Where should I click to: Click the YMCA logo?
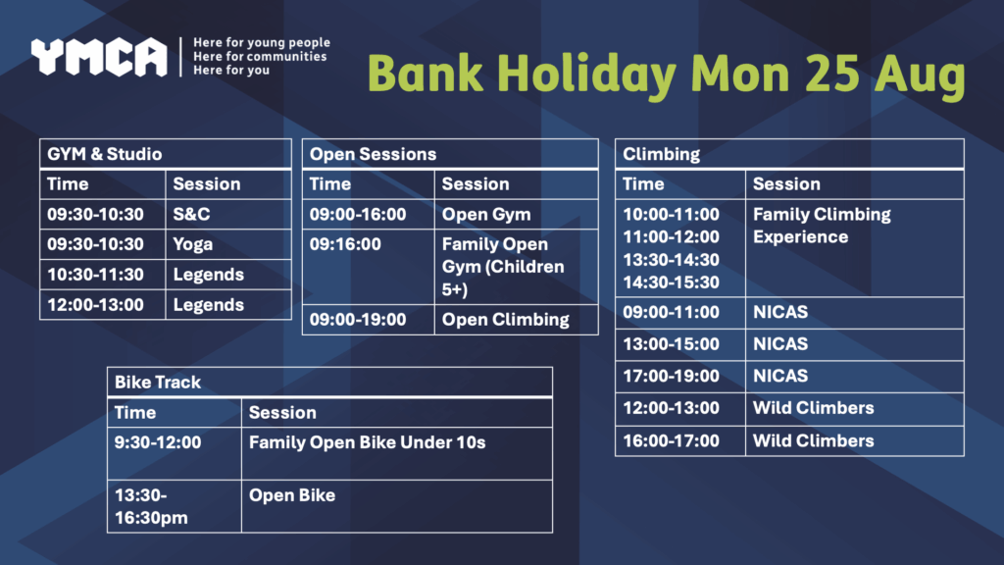99,57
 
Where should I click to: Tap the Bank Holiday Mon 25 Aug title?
666,75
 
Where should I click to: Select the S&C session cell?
227,215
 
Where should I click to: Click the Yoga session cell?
227,244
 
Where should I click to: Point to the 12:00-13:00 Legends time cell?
102,305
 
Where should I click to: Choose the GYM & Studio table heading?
165,154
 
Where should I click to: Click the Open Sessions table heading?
450,154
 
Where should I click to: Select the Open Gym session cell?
516,215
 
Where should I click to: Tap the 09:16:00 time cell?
369,267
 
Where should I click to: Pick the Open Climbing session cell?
516,320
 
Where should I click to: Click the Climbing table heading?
789,154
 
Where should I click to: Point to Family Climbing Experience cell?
855,248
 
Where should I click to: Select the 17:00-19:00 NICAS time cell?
680,377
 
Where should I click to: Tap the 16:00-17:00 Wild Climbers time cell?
680,441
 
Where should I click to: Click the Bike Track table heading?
329,383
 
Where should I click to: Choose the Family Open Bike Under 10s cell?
397,453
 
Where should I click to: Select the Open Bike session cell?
397,507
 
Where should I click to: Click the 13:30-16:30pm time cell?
175,507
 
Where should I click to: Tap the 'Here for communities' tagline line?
260,56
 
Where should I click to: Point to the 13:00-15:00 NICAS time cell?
680,344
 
